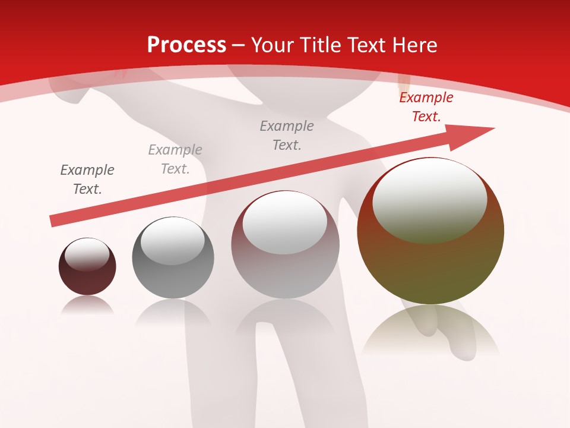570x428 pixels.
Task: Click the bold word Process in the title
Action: tap(186, 45)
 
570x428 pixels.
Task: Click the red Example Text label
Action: tap(426, 107)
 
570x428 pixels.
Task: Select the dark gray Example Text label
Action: tap(87, 180)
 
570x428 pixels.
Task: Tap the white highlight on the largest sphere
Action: tap(430, 199)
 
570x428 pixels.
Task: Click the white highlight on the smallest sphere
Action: tap(87, 254)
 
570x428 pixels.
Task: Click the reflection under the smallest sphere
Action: tap(87, 304)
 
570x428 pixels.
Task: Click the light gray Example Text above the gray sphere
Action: tap(175, 159)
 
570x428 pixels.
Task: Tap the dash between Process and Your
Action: tap(239, 45)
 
